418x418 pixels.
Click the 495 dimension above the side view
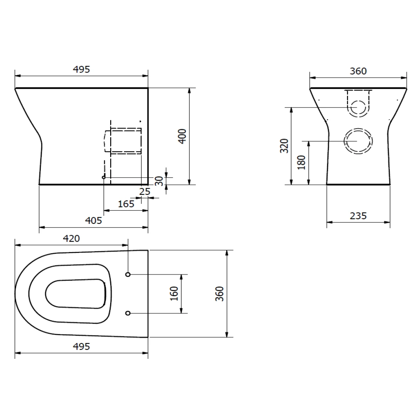81,69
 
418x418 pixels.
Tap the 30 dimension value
159,181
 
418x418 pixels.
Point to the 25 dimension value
145,192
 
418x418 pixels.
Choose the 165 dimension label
126,204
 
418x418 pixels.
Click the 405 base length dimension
94,220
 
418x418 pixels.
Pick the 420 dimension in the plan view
71,238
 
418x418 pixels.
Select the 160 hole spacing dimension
174,293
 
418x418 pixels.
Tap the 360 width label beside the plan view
220,293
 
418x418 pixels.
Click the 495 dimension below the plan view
81,346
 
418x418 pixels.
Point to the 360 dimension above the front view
358,71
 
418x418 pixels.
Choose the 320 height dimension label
285,145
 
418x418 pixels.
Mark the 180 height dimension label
301,162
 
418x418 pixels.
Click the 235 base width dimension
358,216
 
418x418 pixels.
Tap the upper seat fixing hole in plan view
128,274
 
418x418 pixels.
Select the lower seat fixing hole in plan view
128,313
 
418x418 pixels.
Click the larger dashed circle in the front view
358,141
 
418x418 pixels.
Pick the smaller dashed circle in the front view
358,107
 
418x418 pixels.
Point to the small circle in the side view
104,178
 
